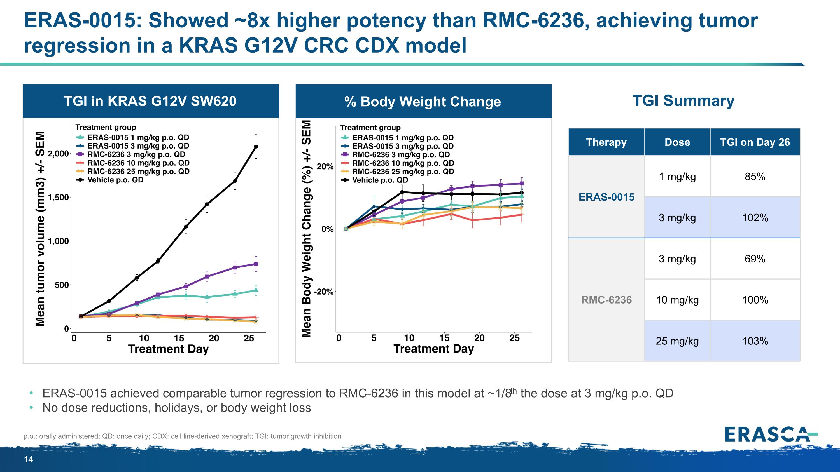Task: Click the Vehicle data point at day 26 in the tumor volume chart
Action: [256, 147]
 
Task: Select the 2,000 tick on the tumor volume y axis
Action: [58, 153]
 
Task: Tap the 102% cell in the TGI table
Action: [755, 218]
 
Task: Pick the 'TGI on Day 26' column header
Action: [755, 142]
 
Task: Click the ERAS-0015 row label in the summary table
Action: [606, 197]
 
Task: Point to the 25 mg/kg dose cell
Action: [677, 341]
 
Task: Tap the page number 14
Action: [28, 460]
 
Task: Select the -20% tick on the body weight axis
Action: [323, 292]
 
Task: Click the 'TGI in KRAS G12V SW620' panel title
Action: [150, 101]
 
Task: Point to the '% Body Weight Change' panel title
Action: [423, 102]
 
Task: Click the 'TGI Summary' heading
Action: [683, 101]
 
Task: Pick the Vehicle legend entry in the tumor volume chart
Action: [115, 180]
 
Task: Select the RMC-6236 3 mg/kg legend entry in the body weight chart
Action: [401, 155]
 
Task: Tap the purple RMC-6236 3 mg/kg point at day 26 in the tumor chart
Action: [256, 264]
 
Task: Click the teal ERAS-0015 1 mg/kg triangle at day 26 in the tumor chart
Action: [256, 290]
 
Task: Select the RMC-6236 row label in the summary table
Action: [606, 300]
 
